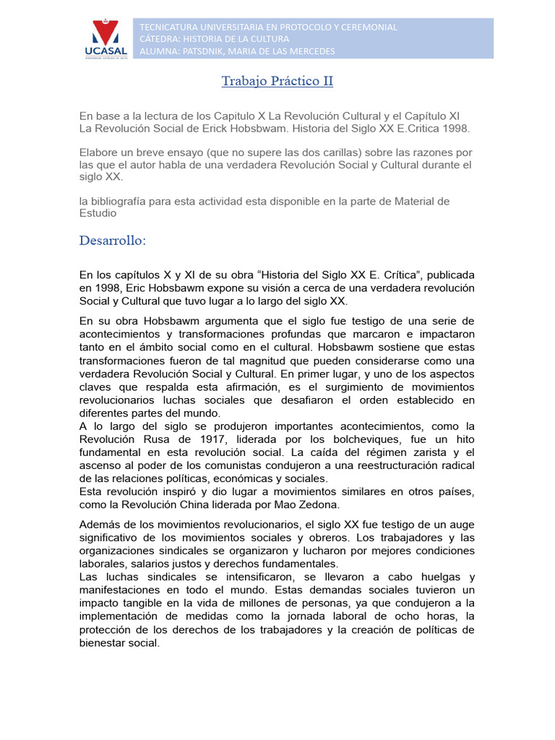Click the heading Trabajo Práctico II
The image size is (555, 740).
pyautogui.click(x=277, y=81)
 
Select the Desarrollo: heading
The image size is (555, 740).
pyautogui.click(x=113, y=240)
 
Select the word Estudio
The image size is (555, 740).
pyautogui.click(x=98, y=213)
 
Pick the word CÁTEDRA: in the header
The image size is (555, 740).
pyautogui.click(x=161, y=38)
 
